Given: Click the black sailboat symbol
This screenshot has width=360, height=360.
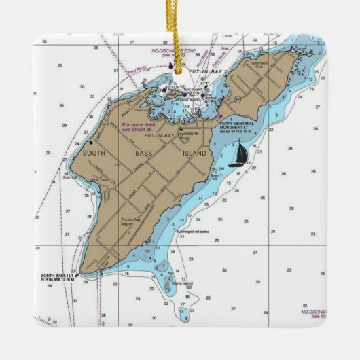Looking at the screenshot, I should click(238, 156).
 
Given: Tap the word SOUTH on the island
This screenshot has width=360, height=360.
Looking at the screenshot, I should click(95, 153).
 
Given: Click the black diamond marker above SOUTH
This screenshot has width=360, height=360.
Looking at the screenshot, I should click(91, 143).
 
